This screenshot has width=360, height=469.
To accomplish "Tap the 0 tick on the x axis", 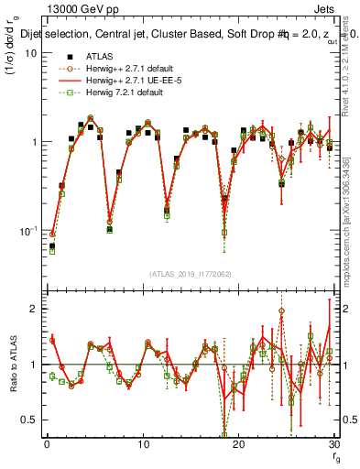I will coord(46,444).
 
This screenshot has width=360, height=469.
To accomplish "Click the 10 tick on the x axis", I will coord(142,444).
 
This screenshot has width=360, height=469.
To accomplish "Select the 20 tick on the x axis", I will coord(238,444).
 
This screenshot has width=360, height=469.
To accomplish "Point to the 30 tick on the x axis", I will coord(333,444).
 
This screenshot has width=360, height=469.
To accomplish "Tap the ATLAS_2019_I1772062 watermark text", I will coord(189,274).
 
